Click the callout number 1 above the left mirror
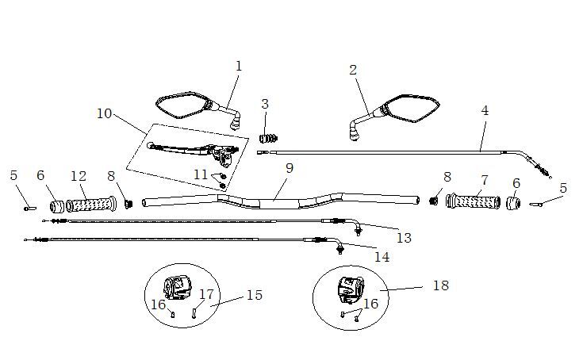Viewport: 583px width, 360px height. [x=239, y=66]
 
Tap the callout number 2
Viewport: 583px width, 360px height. [x=353, y=70]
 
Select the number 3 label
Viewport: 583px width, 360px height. [x=265, y=104]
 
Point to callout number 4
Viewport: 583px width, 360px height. [x=485, y=110]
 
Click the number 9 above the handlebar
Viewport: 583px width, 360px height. [x=290, y=167]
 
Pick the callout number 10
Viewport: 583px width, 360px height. [x=105, y=113]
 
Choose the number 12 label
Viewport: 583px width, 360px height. [x=78, y=175]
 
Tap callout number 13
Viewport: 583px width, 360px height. [x=404, y=237]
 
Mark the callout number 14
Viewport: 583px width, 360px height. [x=382, y=257]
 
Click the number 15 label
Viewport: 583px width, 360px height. [x=254, y=295]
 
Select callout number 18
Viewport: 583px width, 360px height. [x=440, y=285]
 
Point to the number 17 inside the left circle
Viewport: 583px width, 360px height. [x=206, y=294]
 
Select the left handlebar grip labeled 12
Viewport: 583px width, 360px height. [x=91, y=205]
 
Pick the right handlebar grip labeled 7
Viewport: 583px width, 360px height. [x=474, y=201]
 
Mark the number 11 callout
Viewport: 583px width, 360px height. [x=201, y=174]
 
